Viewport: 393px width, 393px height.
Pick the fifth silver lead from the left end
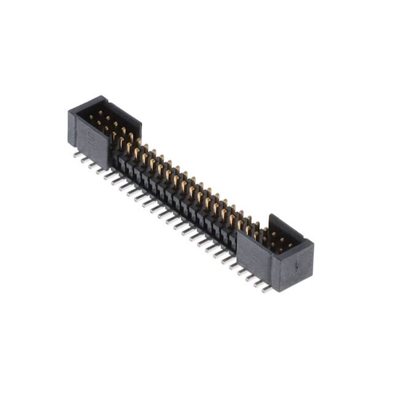tap(109, 175)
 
